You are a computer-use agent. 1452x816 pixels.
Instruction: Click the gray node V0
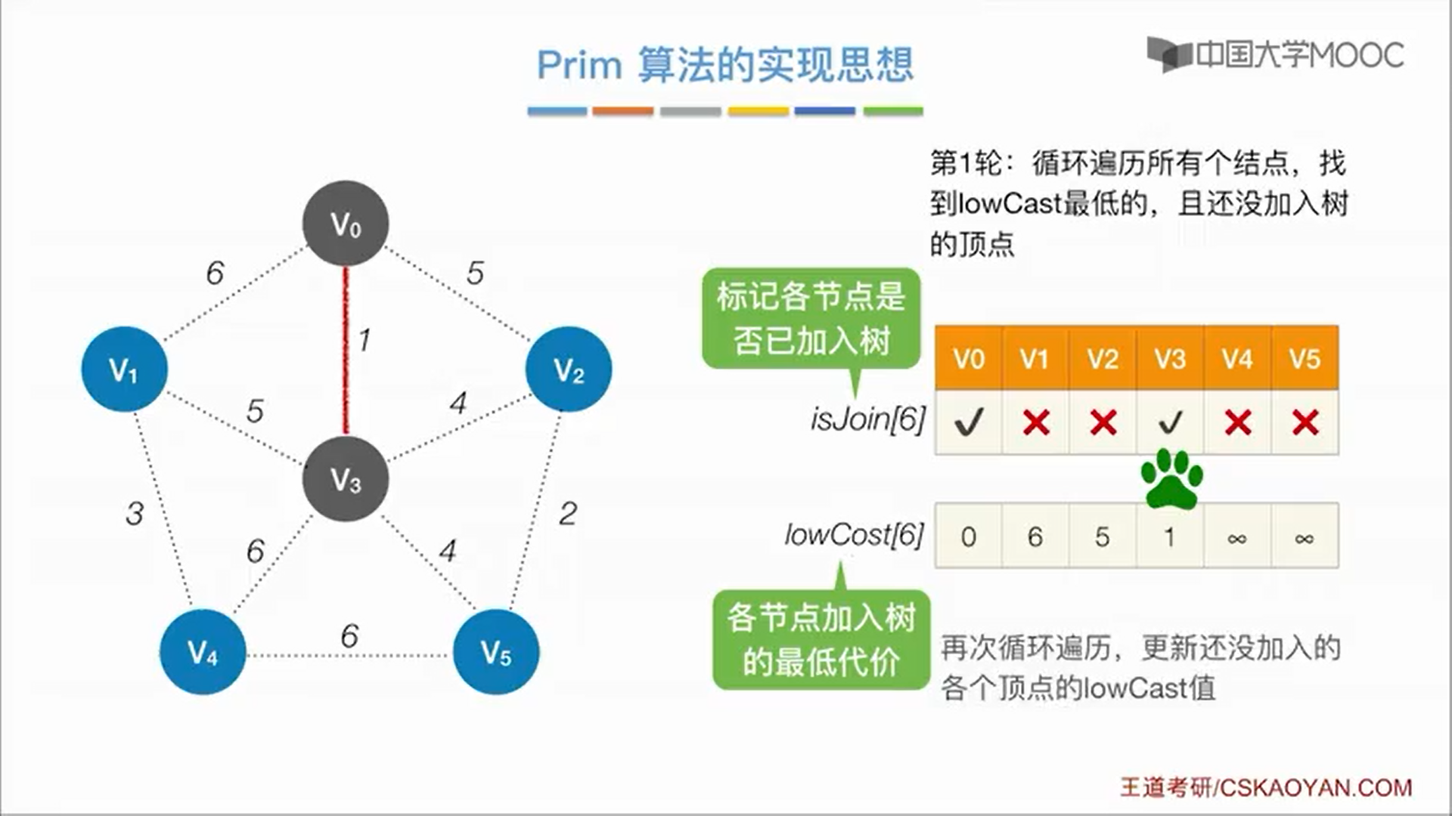point(346,224)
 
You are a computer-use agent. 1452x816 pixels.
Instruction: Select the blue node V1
point(124,369)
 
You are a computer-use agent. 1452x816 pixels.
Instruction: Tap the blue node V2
point(569,369)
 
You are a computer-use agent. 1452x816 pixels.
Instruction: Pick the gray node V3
point(346,479)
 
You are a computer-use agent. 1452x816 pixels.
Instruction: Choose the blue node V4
point(203,652)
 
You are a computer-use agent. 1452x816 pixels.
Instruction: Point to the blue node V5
point(496,652)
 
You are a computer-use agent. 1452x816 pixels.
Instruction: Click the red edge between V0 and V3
point(346,351)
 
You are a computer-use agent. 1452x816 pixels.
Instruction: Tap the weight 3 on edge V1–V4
point(135,514)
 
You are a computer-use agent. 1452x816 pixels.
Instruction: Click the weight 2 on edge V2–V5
point(568,514)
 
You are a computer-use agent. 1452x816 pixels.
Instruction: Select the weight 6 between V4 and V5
point(349,636)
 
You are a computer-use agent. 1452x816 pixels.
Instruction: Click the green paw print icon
point(1171,479)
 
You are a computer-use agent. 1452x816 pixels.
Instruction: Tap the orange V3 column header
point(1170,358)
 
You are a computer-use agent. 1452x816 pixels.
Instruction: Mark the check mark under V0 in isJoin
point(969,422)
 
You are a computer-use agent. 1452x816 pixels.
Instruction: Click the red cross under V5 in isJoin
point(1305,422)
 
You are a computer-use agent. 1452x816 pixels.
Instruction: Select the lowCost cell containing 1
point(1170,536)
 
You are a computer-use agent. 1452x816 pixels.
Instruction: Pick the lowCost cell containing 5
point(1103,536)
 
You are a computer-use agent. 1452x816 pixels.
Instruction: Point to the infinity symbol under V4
point(1237,537)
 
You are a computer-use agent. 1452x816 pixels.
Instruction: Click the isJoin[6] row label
point(867,419)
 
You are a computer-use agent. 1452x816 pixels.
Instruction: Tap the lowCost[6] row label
point(855,535)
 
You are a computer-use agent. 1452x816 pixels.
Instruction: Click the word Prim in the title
point(579,65)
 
